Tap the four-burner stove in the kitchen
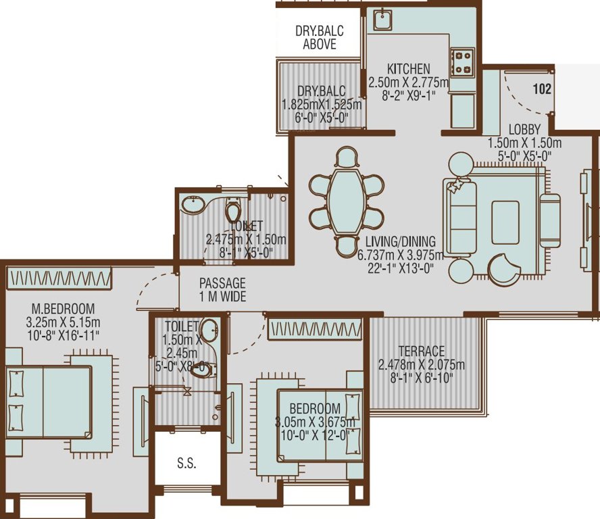pos(464,61)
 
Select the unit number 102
pos(542,89)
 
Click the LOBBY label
pos(524,128)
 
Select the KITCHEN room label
pos(408,69)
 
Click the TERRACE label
pos(422,351)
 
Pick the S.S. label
pos(186,464)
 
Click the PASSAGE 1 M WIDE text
pos(222,290)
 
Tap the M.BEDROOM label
pos(62,308)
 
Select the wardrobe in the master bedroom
pos(59,277)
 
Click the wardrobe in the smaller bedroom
pos(315,330)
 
